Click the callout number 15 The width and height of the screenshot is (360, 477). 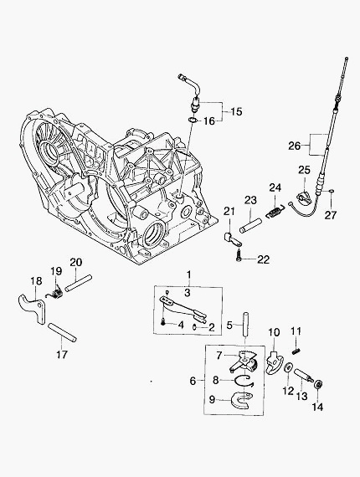[236, 111]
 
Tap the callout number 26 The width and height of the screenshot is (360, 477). [294, 146]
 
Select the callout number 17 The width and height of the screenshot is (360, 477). [62, 355]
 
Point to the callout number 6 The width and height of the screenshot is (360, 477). [193, 381]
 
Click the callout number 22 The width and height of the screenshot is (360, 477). [263, 259]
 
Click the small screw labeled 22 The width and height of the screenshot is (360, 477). [238, 255]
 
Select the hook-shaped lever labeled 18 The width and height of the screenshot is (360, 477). [33, 309]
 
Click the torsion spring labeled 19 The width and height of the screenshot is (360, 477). [54, 294]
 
